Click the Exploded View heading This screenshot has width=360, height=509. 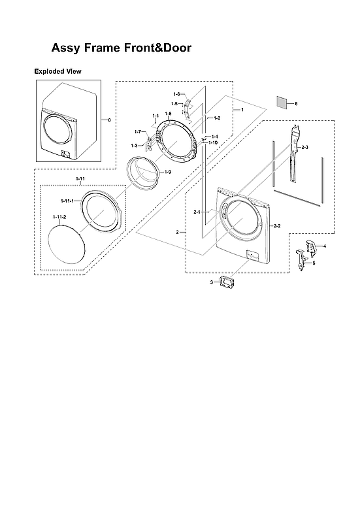(x=57, y=71)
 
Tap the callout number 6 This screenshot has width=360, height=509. (x=295, y=104)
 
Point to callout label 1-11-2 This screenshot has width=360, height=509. (x=59, y=216)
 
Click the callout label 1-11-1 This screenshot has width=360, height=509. (x=68, y=199)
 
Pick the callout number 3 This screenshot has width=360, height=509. (x=211, y=282)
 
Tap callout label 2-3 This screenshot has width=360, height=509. (x=305, y=147)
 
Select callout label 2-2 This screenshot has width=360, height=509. (x=276, y=226)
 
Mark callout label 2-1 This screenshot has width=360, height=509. (x=197, y=212)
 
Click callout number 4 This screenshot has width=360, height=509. (x=325, y=246)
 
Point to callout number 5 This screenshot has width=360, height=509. (x=314, y=263)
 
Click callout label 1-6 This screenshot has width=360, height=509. (x=176, y=95)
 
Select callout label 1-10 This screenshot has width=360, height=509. (x=213, y=142)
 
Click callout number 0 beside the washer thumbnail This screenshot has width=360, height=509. (x=109, y=120)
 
